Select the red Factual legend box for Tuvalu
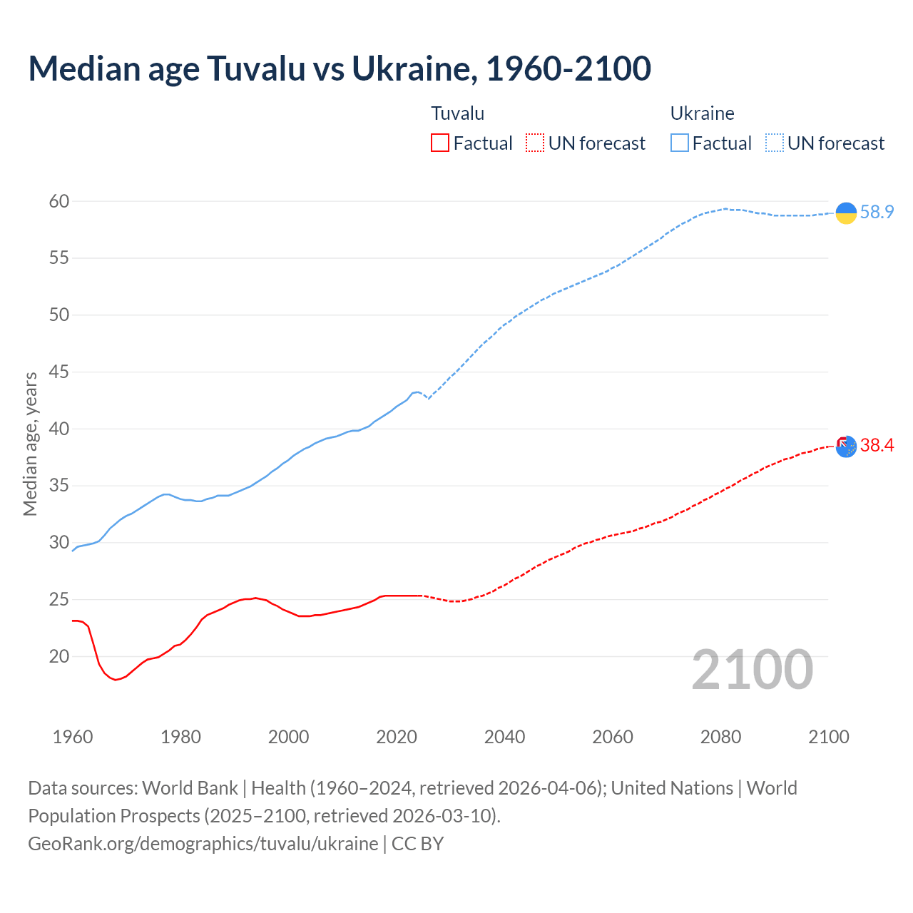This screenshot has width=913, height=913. tap(440, 143)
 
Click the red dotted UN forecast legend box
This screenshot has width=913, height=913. tap(535, 143)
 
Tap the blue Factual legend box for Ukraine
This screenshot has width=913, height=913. tap(680, 143)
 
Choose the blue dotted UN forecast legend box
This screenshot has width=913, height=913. tap(774, 143)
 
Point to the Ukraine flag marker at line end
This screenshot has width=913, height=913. tap(846, 213)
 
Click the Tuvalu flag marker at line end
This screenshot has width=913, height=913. tap(846, 446)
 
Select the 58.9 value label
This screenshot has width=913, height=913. tap(877, 212)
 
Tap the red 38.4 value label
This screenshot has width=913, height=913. tap(877, 446)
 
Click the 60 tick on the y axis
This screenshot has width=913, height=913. tap(59, 201)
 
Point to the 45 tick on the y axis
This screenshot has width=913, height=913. tap(59, 372)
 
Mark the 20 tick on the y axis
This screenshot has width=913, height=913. tap(59, 656)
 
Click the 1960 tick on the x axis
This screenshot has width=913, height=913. tap(73, 737)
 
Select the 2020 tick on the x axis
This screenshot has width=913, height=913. tap(397, 737)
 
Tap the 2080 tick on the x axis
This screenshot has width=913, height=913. tap(720, 737)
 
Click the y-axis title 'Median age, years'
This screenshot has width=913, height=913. tap(30, 444)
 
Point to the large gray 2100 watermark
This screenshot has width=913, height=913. tap(752, 670)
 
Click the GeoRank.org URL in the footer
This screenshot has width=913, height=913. tap(203, 844)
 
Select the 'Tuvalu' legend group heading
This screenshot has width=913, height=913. tap(458, 113)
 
